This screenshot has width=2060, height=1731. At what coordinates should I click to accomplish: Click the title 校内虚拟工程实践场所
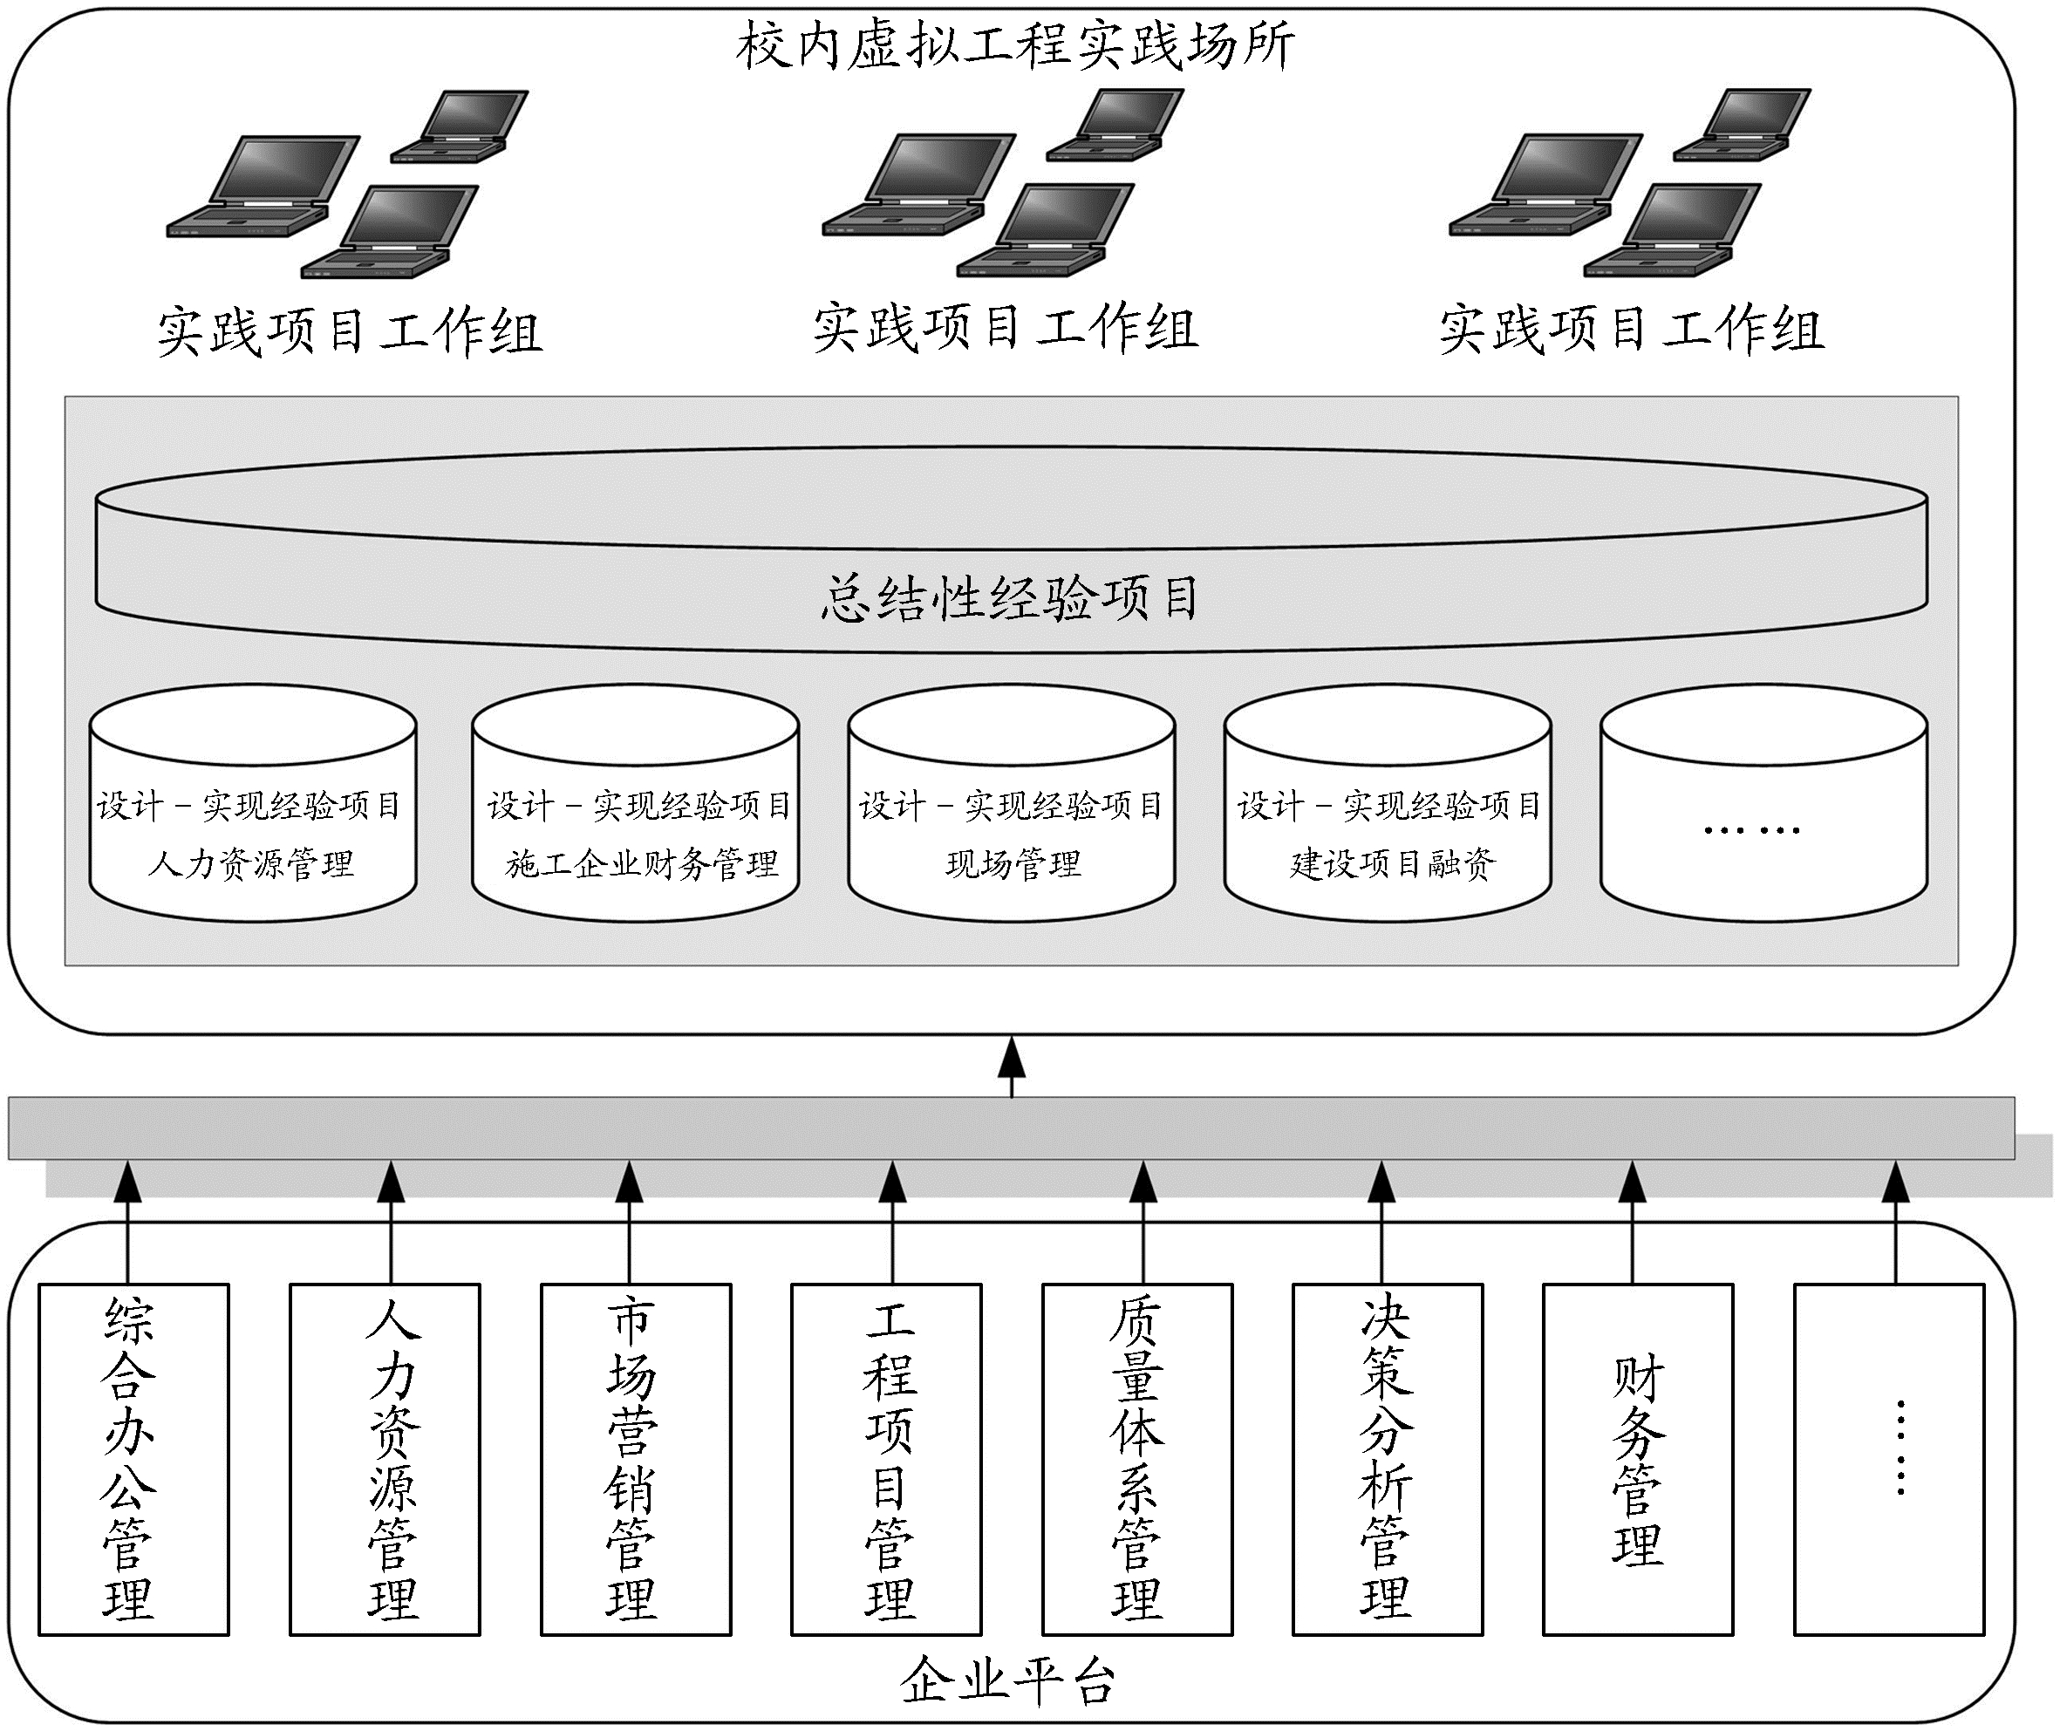pos(1015,46)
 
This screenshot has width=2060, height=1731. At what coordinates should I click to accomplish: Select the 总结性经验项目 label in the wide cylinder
pos(1010,597)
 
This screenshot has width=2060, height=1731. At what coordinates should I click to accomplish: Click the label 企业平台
pos(1009,1682)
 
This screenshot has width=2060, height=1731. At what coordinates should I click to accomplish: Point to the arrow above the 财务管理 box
pos(1632,1222)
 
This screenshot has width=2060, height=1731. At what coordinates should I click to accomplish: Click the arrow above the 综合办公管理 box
pos(127,1222)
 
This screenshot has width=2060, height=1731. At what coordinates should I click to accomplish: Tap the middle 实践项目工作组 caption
pos(1005,330)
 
